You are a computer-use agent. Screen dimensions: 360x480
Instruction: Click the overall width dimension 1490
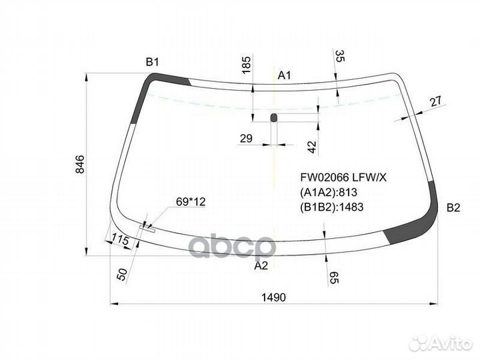pos(274,297)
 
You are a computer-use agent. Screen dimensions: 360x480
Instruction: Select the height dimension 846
pos(80,165)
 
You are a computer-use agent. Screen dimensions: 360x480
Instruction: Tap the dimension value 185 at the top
pos(246,65)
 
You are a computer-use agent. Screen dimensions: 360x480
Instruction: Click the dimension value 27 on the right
pos(435,101)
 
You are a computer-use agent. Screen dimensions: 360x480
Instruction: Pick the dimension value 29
pos(246,139)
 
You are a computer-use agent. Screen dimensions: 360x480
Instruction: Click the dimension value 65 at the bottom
pos(334,278)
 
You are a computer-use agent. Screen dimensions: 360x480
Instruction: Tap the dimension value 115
pos(120,239)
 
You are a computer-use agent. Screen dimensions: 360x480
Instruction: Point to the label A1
pos(285,75)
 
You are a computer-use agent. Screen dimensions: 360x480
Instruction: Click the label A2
pos(261,265)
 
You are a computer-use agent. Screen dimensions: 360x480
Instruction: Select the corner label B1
pos(153,63)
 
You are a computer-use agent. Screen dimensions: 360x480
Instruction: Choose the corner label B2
pos(453,207)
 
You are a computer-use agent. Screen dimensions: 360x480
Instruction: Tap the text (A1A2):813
pos(330,192)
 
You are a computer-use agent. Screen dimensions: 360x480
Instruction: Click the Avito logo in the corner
pos(440,343)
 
